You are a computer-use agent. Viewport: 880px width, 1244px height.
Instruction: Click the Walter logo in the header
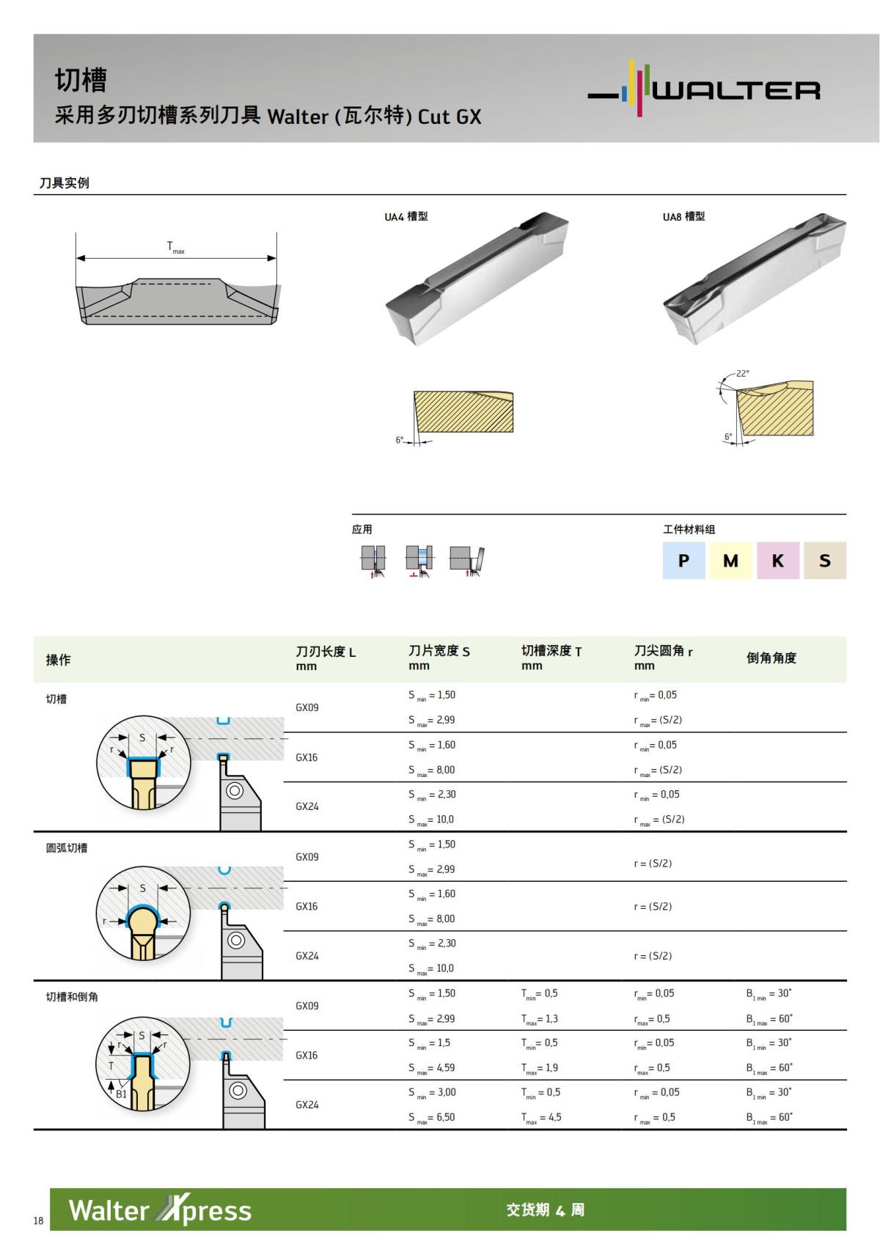click(704, 89)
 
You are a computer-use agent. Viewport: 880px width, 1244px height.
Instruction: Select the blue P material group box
click(684, 561)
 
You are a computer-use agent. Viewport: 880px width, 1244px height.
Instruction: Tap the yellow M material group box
click(730, 561)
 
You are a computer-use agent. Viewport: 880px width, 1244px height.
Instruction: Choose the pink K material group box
click(777, 561)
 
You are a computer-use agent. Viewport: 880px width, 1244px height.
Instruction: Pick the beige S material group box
click(825, 561)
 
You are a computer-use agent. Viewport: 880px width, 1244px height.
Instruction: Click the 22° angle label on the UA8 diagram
click(743, 374)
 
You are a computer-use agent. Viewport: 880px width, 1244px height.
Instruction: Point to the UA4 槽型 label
click(406, 216)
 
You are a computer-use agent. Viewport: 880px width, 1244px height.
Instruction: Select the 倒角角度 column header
click(771, 658)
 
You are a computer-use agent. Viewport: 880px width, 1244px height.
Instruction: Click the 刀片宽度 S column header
click(439, 651)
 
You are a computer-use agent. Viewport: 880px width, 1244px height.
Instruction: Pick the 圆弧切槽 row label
click(67, 848)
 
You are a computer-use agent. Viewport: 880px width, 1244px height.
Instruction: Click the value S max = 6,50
click(432, 1117)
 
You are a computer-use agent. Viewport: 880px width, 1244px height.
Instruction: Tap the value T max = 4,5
click(541, 1117)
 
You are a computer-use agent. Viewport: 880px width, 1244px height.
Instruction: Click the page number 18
click(38, 1221)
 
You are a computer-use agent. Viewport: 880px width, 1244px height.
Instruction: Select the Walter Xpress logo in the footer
click(160, 1210)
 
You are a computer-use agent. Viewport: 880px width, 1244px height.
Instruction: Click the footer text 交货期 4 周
click(545, 1210)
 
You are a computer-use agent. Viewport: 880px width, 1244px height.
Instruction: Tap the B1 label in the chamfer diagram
click(122, 1094)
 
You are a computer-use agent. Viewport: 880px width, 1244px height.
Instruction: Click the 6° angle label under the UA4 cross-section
click(400, 440)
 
